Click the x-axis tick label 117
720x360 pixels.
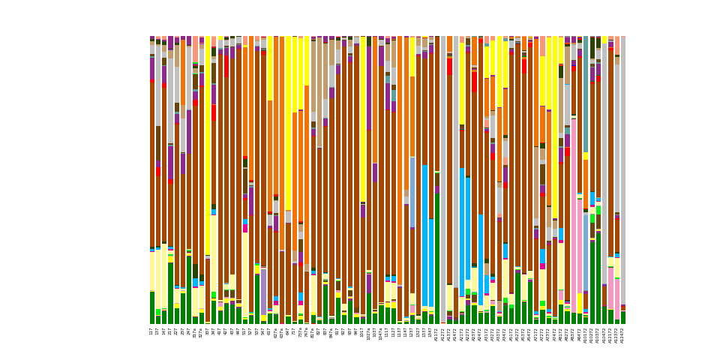click(151, 331)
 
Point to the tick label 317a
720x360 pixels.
click(195, 332)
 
